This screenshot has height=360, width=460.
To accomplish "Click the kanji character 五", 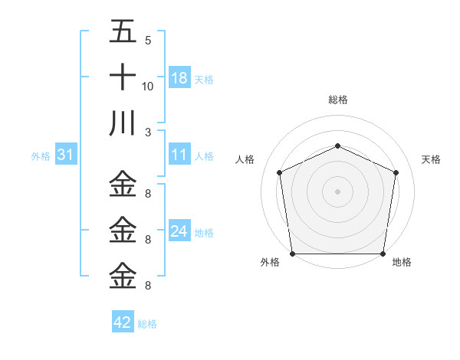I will [123, 34].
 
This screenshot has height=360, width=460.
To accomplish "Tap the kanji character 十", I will [123, 78].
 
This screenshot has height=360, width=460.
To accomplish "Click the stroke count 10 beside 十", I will [148, 86].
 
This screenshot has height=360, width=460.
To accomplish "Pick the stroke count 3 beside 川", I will [147, 131].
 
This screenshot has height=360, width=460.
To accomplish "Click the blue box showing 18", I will [179, 78].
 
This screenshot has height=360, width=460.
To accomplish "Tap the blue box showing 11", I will [179, 155].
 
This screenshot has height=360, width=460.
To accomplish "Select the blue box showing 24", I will [179, 231].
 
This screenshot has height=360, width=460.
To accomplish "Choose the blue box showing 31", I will [66, 155].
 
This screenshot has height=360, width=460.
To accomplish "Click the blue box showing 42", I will [123, 322].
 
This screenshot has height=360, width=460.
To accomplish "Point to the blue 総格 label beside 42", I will [147, 324].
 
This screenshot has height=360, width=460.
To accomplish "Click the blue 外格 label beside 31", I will [41, 156].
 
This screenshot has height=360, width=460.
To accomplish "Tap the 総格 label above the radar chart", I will [337, 100].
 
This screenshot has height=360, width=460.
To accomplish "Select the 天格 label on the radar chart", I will [431, 159].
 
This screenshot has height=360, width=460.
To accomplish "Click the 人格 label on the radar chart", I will [245, 159].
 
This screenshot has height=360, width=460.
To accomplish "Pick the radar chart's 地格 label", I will [402, 263].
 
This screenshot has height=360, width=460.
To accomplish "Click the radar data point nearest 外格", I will [292, 254].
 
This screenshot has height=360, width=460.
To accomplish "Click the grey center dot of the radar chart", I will [337, 191].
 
